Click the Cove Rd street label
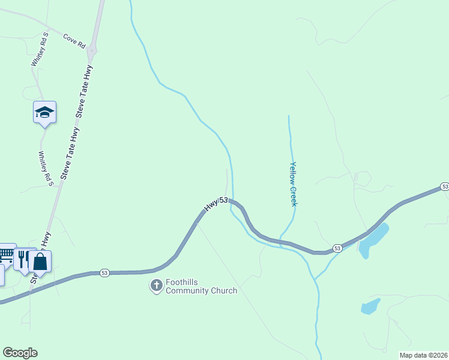(x=74, y=40)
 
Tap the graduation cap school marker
(x=44, y=112)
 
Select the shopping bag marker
(x=40, y=262)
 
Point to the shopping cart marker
(x=6, y=255)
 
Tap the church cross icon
(x=156, y=286)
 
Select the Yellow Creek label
(x=293, y=184)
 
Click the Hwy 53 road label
(x=216, y=203)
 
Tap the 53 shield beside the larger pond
(x=337, y=248)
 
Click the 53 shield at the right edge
(x=444, y=187)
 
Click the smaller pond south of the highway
(x=370, y=307)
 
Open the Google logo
(x=20, y=353)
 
